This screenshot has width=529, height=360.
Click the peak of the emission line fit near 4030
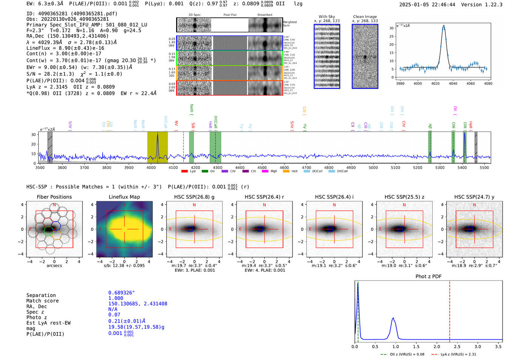(x=444, y=26)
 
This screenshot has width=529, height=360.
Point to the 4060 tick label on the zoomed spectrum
(x=470, y=83)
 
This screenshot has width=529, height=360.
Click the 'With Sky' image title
(x=326, y=17)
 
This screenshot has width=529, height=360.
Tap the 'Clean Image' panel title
(x=365, y=17)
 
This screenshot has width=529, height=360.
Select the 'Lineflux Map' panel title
(x=124, y=197)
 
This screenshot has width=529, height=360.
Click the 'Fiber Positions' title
(x=54, y=197)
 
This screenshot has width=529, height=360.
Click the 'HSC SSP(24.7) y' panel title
(x=474, y=197)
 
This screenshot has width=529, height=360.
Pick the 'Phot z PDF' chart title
(x=428, y=277)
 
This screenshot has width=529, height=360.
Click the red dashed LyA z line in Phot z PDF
(x=450, y=310)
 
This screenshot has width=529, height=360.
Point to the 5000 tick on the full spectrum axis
(x=373, y=168)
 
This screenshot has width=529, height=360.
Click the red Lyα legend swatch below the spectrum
(x=184, y=172)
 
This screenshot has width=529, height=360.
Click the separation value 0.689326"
(x=121, y=293)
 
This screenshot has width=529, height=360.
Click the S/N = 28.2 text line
(x=74, y=74)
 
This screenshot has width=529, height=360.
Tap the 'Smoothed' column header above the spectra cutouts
(x=264, y=15)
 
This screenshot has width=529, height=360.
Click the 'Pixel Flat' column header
(x=230, y=15)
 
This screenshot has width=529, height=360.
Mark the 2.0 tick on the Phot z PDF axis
(x=437, y=346)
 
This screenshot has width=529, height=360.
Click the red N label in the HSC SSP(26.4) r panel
(x=264, y=205)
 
